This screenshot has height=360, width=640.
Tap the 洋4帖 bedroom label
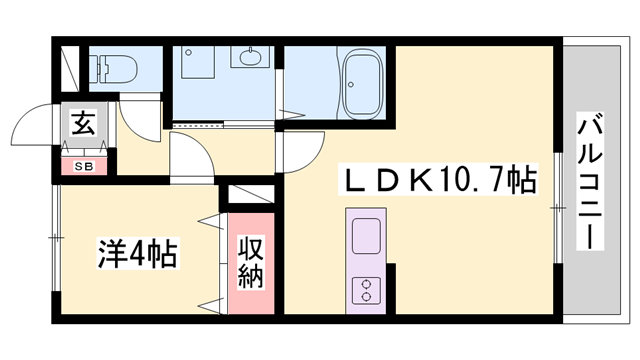coord(137,253)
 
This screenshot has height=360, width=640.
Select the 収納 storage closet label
coord(250,263)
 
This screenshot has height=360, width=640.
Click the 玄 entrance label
coord(80,127)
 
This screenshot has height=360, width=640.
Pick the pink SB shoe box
coord(80,166)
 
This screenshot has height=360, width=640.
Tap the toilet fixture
coord(114,67)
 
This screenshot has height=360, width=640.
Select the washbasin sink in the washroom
coord(247,56)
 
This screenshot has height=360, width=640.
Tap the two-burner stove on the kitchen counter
coord(367,289)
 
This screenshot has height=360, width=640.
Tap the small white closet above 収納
coord(250,196)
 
